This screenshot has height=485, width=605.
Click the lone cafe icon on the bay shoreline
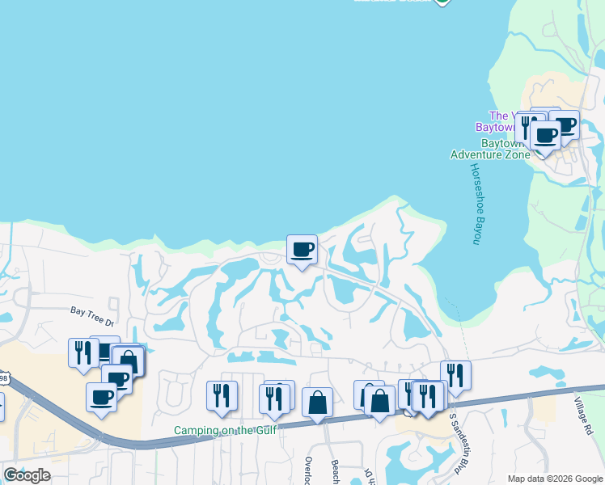[x=302, y=249]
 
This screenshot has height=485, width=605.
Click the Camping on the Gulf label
[x=225, y=430]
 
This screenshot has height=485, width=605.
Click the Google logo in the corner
[x=27, y=475]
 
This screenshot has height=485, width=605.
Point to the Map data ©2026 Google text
[x=555, y=478]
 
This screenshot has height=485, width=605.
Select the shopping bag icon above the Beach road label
[x=317, y=402]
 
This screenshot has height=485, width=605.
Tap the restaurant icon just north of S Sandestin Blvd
[x=455, y=374]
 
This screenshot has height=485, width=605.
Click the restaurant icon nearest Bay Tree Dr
[x=82, y=352]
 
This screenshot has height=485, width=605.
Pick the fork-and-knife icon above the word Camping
[x=221, y=395]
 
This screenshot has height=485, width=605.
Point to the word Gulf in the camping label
[x=263, y=430]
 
